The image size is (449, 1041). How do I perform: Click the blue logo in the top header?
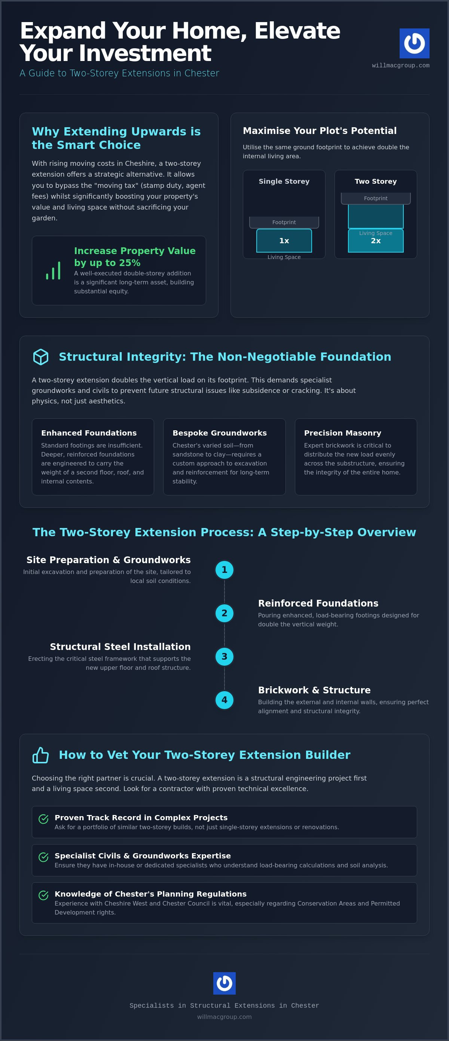click(x=414, y=43)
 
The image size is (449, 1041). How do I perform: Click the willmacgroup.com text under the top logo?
click(x=400, y=65)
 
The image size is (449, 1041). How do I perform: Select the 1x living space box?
click(x=284, y=241)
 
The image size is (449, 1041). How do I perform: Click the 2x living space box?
click(x=376, y=241)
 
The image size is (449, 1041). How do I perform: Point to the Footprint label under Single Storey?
click(x=284, y=222)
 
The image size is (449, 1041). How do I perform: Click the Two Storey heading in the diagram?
click(x=376, y=181)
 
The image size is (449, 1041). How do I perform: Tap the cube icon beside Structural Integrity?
click(x=41, y=357)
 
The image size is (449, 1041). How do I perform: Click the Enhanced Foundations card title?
click(x=89, y=433)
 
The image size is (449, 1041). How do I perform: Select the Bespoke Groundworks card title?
click(x=219, y=433)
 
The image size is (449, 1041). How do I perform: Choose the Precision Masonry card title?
click(x=343, y=433)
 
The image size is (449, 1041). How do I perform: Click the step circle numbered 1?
click(x=224, y=570)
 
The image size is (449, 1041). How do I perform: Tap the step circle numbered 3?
click(x=224, y=657)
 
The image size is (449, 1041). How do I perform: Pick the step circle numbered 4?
click(x=224, y=700)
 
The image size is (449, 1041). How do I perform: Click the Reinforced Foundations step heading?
click(x=318, y=603)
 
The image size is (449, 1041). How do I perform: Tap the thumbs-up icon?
click(x=41, y=755)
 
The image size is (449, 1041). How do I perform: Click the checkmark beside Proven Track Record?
click(x=43, y=819)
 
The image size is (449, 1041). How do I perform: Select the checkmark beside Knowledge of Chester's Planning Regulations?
click(x=43, y=895)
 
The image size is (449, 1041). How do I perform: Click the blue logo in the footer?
click(x=224, y=983)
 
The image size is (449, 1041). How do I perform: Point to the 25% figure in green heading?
click(x=130, y=263)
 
